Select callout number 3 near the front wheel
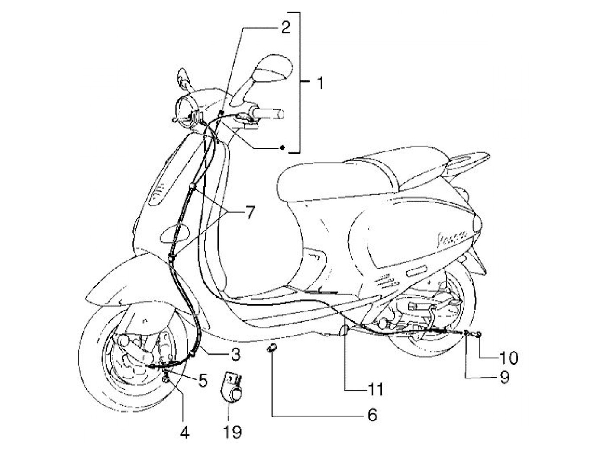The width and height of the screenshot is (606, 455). coord(235,355)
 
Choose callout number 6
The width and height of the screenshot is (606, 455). coord(372,415)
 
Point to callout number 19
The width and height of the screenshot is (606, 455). coord(233,432)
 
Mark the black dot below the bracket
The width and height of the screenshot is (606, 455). coord(282,148)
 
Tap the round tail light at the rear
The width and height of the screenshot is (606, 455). coord(477,225)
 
